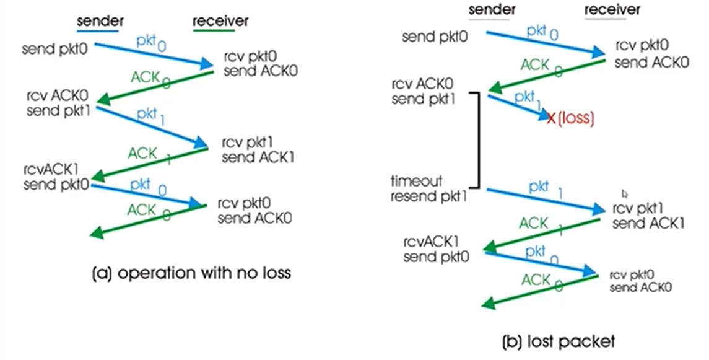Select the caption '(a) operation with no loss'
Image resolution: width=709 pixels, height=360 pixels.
click(191, 273)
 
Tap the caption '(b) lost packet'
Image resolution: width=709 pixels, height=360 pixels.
click(559, 341)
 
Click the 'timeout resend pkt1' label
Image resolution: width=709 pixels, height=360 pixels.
click(428, 189)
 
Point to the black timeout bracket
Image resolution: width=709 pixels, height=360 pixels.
click(478, 140)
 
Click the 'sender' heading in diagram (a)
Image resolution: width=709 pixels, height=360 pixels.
click(100, 21)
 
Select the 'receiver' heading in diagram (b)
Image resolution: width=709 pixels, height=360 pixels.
click(612, 9)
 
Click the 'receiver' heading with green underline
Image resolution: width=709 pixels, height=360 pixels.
click(220, 21)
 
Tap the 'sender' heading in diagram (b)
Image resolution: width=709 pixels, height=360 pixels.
click(492, 9)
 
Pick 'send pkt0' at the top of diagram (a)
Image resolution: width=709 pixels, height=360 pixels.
click(55, 48)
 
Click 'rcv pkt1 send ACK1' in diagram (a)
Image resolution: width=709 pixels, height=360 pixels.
click(258, 150)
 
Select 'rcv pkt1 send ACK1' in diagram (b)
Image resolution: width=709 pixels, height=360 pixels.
click(648, 216)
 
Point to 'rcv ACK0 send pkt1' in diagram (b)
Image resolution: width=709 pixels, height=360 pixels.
click(423, 91)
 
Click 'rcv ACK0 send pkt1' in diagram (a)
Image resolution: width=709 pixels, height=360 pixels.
click(58, 103)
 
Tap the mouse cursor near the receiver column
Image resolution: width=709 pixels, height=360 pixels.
click(625, 193)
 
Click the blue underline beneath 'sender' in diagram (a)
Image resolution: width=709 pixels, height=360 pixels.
click(97, 31)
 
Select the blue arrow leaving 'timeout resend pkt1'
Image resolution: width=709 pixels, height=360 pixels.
click(545, 200)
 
